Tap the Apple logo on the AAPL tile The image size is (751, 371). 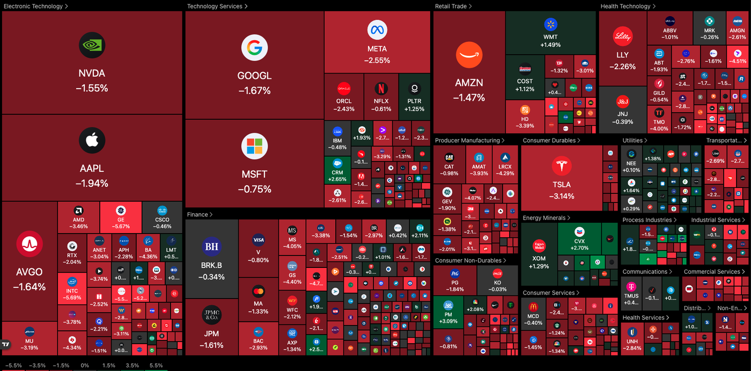[x=92, y=141]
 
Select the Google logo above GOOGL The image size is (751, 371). [x=254, y=48]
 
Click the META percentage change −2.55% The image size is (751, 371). [x=377, y=61]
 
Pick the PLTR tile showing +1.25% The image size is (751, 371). [x=414, y=97]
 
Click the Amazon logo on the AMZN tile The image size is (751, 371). [x=469, y=55]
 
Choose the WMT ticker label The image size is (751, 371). [x=550, y=37]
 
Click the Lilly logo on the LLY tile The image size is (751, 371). [x=623, y=37]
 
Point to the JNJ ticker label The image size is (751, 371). [x=622, y=114]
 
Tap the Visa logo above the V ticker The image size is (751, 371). [x=258, y=240]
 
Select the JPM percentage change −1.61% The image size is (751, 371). [x=211, y=345]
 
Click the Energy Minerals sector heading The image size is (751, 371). [x=544, y=218]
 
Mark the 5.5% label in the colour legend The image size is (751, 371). [x=156, y=366]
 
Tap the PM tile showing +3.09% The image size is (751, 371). [x=448, y=311]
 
